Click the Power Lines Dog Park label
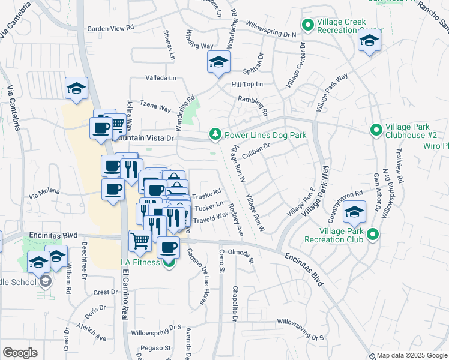(x=265, y=135)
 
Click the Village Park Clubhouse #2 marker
(x=376, y=130)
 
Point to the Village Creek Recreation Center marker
(x=308, y=25)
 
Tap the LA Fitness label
(x=140, y=262)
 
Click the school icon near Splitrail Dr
(x=218, y=62)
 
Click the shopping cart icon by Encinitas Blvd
(x=140, y=241)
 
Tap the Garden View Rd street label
(x=110, y=28)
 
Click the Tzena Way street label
(x=155, y=107)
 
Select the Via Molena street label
(x=44, y=192)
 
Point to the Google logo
(x=20, y=353)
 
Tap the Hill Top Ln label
(x=247, y=85)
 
